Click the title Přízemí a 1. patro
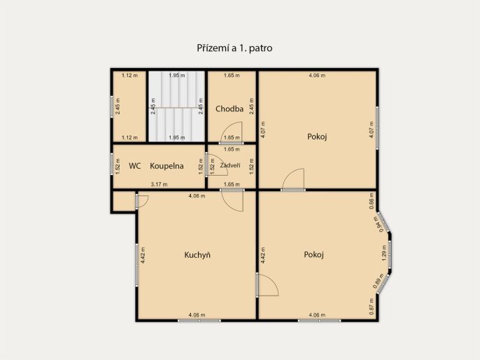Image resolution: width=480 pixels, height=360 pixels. tap(234, 48)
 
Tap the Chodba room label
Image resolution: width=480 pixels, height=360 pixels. tap(230, 109)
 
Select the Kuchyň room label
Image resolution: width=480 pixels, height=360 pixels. tap(197, 255)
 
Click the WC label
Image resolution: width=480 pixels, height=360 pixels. tap(134, 166)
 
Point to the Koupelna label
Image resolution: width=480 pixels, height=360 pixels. tap(167, 166)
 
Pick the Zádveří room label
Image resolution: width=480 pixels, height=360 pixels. tap(230, 165)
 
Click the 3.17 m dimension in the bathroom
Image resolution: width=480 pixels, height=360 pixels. tap(160, 184)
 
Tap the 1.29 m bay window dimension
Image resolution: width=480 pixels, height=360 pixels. tap(385, 253)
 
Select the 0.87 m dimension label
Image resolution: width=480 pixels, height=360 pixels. tap(372, 307)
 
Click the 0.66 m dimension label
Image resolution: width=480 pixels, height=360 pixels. tap(372, 201)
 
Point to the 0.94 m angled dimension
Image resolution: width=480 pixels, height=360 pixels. tap(379, 224)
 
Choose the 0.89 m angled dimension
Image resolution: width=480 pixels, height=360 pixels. tap(379, 281)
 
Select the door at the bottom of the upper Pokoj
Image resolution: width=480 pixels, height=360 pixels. tap(293, 179)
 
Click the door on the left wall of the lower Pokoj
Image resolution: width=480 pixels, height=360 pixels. tap(268, 285)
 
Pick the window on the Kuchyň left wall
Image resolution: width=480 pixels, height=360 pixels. tap(137, 265)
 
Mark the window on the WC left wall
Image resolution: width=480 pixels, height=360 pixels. tap(112, 164)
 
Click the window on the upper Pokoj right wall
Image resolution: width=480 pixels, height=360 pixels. tap(377, 127)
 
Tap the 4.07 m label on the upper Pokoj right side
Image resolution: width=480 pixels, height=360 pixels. tap(372, 130)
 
